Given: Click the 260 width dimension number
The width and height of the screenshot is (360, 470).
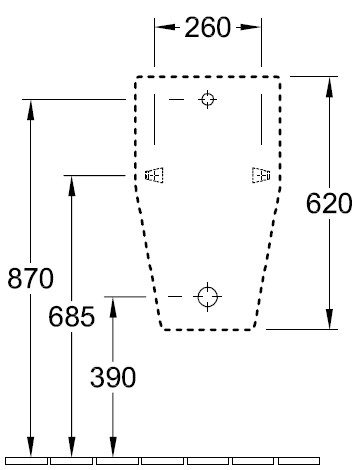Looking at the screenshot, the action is coord(207,27).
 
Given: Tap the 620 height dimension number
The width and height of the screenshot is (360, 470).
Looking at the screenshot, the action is coord(329,203).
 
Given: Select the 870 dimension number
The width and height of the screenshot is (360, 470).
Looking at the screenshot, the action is coord(30,278).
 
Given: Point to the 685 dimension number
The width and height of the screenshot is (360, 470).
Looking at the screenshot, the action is coord(72,316).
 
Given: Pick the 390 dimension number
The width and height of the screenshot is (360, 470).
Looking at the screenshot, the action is coord(113,377).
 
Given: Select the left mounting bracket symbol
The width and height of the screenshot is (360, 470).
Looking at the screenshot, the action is coord(154,175).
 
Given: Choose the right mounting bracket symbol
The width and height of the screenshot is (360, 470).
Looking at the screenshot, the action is coord(261,175).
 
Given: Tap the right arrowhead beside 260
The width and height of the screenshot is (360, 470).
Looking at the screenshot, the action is coord(251,27).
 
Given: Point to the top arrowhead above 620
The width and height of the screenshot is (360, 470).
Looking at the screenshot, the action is coord(329,87).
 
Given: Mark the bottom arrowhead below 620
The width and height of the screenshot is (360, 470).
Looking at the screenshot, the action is coord(329,319).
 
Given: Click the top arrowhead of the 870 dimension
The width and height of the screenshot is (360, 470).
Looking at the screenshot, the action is coord(31,110).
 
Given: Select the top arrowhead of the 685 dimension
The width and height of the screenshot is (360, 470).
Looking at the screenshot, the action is coord(72,185).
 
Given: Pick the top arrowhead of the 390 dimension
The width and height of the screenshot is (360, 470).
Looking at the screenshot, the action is coord(113,307).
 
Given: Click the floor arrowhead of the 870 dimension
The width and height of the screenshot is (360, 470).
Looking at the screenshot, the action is coord(31,446).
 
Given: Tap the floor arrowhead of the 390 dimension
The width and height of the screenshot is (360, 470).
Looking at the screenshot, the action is coord(113,446).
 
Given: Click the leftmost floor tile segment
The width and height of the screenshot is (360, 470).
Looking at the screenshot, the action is coord(26,461).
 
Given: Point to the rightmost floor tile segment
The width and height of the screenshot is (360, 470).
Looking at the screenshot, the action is coord(299,461).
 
